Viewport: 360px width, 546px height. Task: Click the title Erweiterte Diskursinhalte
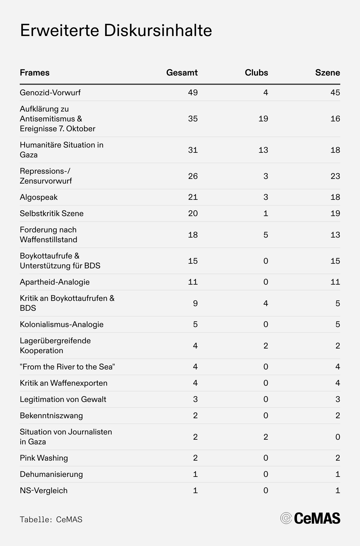click(x=116, y=31)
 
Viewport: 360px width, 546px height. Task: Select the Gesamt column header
click(x=182, y=73)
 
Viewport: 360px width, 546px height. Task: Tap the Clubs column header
click(x=256, y=73)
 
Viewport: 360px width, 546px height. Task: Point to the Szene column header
click(x=327, y=73)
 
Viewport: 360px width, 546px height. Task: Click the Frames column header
click(x=35, y=73)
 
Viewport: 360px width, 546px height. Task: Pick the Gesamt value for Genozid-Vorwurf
click(x=193, y=93)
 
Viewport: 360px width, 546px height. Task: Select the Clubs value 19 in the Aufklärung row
click(x=263, y=119)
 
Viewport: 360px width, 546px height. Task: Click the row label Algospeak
click(x=39, y=197)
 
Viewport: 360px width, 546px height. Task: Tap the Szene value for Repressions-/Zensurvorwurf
click(x=335, y=176)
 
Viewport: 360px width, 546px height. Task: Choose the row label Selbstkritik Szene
click(x=52, y=213)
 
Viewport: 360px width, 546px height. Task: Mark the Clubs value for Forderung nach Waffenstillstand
click(x=266, y=235)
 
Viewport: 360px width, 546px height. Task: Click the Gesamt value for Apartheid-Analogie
click(x=193, y=282)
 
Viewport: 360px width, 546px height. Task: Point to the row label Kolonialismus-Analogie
click(x=62, y=324)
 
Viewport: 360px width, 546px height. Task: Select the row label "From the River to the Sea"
click(x=67, y=367)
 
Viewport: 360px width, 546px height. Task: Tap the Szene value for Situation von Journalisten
click(x=338, y=437)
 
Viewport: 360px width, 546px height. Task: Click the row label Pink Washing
click(x=44, y=458)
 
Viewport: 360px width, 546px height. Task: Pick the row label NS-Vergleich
click(x=44, y=491)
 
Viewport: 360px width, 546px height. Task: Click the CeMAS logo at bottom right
click(x=310, y=518)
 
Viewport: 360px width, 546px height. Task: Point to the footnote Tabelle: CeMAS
click(x=51, y=519)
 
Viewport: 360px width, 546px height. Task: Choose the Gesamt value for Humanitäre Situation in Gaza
click(x=193, y=150)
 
